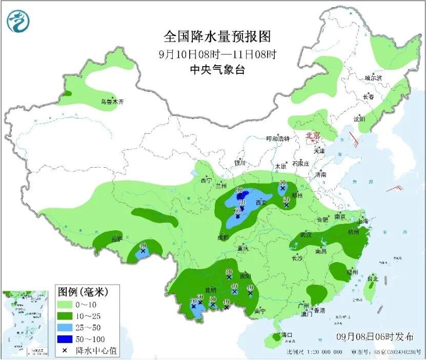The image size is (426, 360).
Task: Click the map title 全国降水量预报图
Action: [217, 37]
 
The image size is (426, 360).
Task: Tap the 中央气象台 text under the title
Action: [217, 70]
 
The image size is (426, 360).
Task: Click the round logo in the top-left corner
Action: [18, 21]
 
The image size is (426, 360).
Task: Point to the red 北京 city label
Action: [312, 135]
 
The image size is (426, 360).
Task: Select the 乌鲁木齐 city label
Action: [112, 102]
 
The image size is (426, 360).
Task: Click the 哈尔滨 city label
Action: [373, 78]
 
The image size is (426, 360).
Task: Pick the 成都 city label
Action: [222, 237]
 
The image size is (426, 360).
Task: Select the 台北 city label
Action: [372, 279]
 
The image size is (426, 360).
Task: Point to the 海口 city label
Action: [286, 335]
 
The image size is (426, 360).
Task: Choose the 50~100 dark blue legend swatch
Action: [66, 339]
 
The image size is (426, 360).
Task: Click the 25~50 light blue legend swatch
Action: [66, 328]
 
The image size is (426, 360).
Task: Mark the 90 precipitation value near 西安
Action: [239, 190]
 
